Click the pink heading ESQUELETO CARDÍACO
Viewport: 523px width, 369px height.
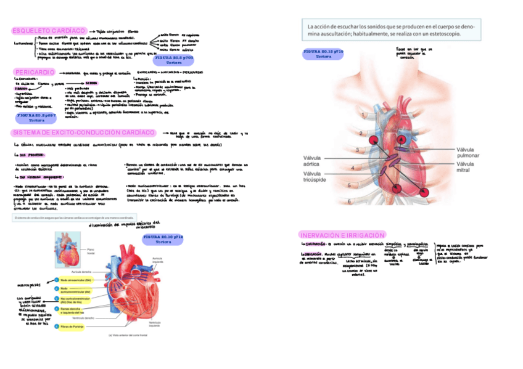pos(49,30)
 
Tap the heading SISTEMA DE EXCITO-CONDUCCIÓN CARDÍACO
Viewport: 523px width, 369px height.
pos(83,132)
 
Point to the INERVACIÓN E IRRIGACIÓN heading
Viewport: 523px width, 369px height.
pos(342,235)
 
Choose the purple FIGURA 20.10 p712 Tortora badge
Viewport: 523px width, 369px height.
pos(163,240)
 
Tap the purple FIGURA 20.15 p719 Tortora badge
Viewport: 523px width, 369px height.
pos(323,54)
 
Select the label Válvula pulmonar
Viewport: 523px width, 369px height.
pos(469,153)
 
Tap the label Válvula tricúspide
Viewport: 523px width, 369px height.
pos(315,177)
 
